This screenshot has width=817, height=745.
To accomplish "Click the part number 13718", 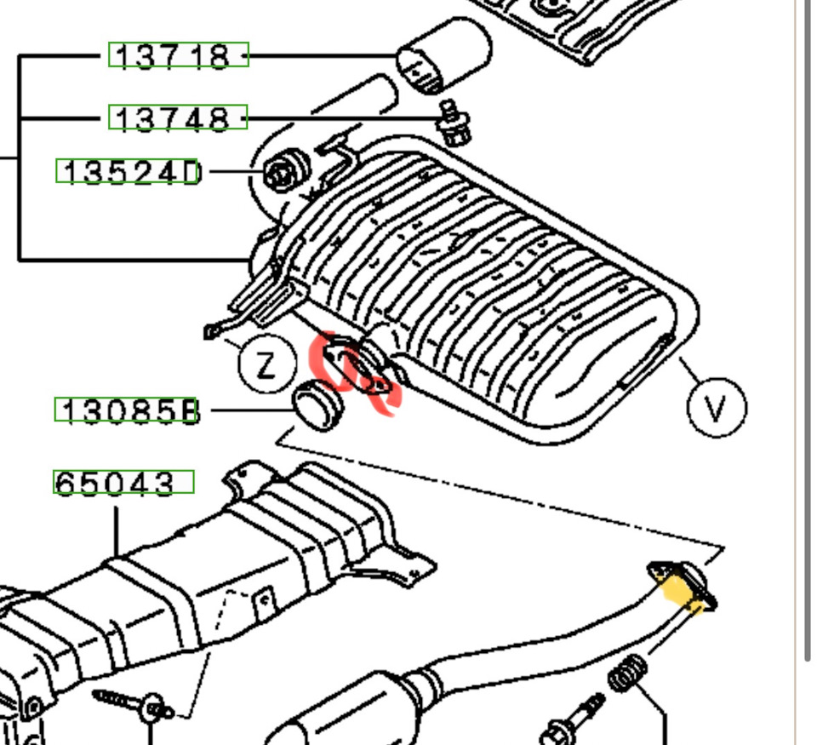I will (178, 55).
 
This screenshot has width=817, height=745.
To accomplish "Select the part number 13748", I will (178, 117).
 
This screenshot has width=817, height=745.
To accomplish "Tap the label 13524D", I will (129, 172).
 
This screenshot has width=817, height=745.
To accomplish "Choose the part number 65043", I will (123, 483).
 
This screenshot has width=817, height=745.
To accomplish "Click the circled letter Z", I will (266, 365).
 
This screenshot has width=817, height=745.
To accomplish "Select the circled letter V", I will (717, 408).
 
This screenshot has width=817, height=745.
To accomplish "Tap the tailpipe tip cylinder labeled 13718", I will (443, 56).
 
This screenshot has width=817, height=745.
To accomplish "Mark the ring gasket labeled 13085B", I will (317, 407).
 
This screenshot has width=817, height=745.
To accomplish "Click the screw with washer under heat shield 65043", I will (136, 704).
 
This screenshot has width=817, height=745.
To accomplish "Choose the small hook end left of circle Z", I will (209, 330).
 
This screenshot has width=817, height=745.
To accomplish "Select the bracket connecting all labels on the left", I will (20, 158).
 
